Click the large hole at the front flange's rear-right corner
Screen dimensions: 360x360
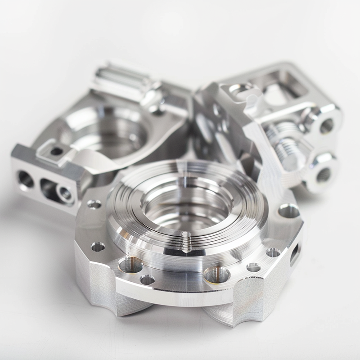288,211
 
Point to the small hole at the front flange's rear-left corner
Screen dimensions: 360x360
94,205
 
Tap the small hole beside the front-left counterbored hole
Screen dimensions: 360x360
147,280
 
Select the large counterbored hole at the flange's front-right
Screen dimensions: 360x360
216,273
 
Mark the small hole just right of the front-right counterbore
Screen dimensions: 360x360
253,268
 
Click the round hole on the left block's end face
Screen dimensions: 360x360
25,179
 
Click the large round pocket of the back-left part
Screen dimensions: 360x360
117,130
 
